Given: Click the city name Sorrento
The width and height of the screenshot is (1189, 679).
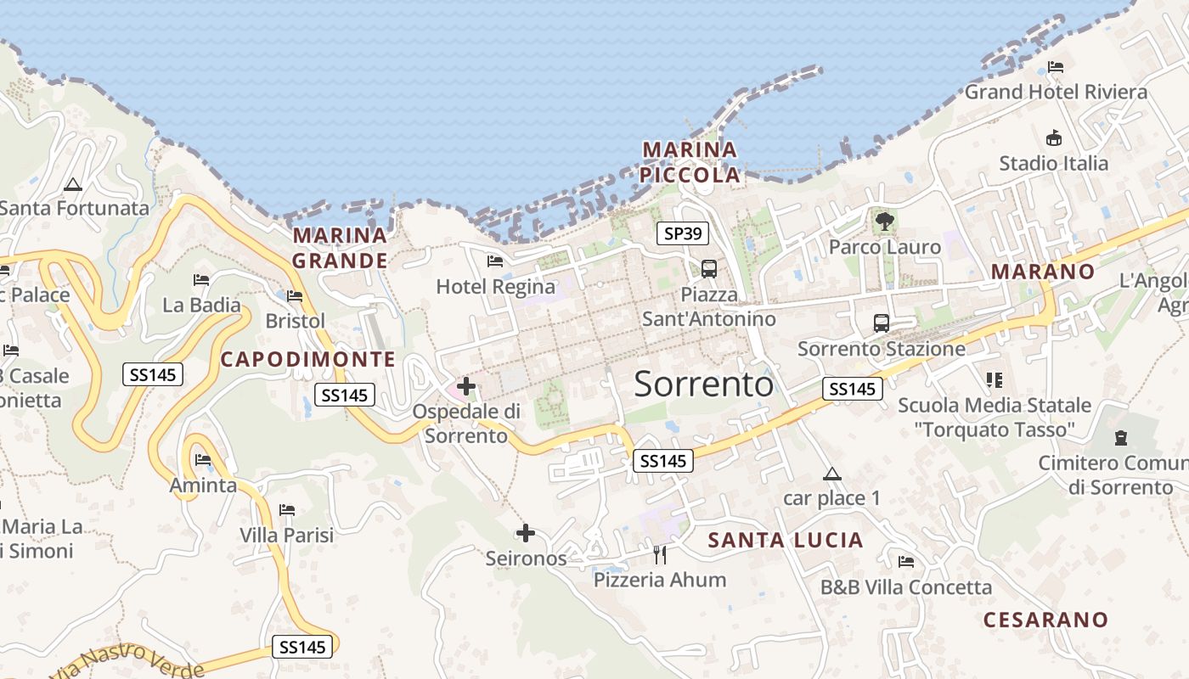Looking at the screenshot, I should pos(703,384).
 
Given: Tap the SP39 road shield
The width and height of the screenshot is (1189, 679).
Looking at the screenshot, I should pos(683,233).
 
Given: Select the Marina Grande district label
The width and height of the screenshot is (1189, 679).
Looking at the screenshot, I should pos(340,247).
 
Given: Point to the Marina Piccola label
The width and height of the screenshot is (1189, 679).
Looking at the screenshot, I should pos(690,162).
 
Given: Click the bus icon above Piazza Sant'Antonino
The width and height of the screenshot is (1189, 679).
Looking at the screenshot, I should pos(709,269).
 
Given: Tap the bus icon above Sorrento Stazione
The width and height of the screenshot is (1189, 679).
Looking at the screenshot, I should pos(882,323).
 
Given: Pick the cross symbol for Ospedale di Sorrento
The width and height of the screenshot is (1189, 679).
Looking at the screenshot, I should pos(466,387).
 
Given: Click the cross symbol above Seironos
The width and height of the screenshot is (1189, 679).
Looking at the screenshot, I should pos(526,533).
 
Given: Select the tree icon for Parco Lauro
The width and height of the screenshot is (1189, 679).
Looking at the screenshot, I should pos(885,222).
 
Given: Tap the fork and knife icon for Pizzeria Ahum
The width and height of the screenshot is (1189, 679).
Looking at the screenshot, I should pos(660,555).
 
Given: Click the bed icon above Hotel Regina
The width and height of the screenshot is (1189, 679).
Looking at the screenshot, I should pos(495,261).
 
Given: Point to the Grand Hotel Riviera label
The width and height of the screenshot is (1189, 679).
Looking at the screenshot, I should pos(1056,92).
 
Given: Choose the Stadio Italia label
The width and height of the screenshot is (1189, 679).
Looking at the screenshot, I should pos(1053,163).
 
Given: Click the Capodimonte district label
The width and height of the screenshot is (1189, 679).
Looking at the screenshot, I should pos(307,359).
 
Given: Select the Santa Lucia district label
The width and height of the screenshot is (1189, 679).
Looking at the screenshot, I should pos(786,540).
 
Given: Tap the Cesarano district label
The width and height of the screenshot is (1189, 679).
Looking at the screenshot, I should pos(1045,620).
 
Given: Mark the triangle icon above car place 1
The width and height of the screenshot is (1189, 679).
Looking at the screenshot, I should pos(831,474).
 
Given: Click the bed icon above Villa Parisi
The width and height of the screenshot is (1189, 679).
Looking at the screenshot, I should pos(287,510).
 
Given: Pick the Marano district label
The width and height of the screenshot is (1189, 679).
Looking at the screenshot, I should pos(1043,272).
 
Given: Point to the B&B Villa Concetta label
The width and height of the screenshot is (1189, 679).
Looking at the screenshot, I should pos(905,586).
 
